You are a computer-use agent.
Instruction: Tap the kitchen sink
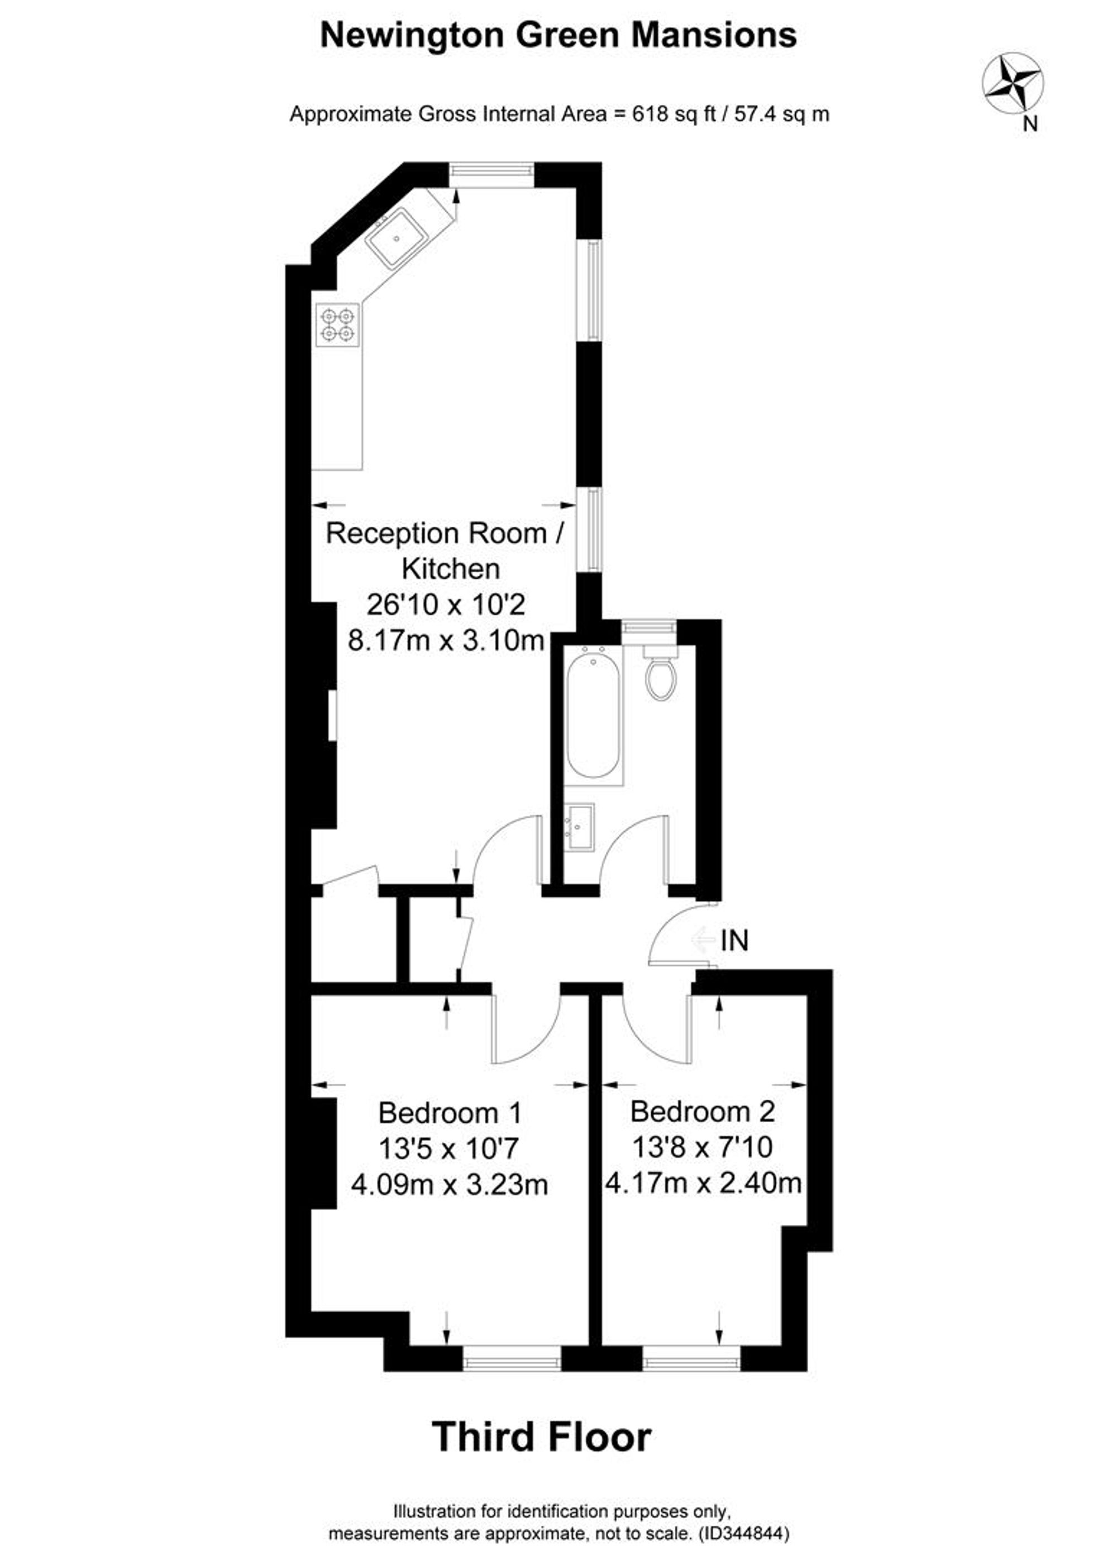click(x=397, y=238)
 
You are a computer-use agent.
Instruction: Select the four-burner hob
click(x=338, y=325)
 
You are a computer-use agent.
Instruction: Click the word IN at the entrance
click(x=734, y=941)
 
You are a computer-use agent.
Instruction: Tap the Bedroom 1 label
click(x=450, y=1112)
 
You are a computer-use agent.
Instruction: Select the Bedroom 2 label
click(x=702, y=1112)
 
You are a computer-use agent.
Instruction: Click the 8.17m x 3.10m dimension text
click(x=446, y=640)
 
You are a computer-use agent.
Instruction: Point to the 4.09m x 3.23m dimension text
click(x=449, y=1184)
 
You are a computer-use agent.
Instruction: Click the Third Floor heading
click(x=542, y=1437)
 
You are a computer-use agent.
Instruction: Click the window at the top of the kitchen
click(x=491, y=174)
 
